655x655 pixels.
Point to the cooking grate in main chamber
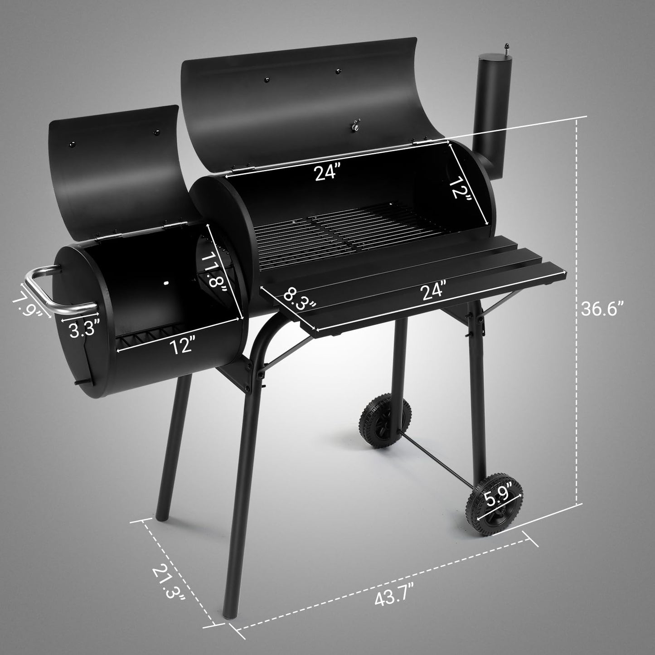(x=335, y=232)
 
